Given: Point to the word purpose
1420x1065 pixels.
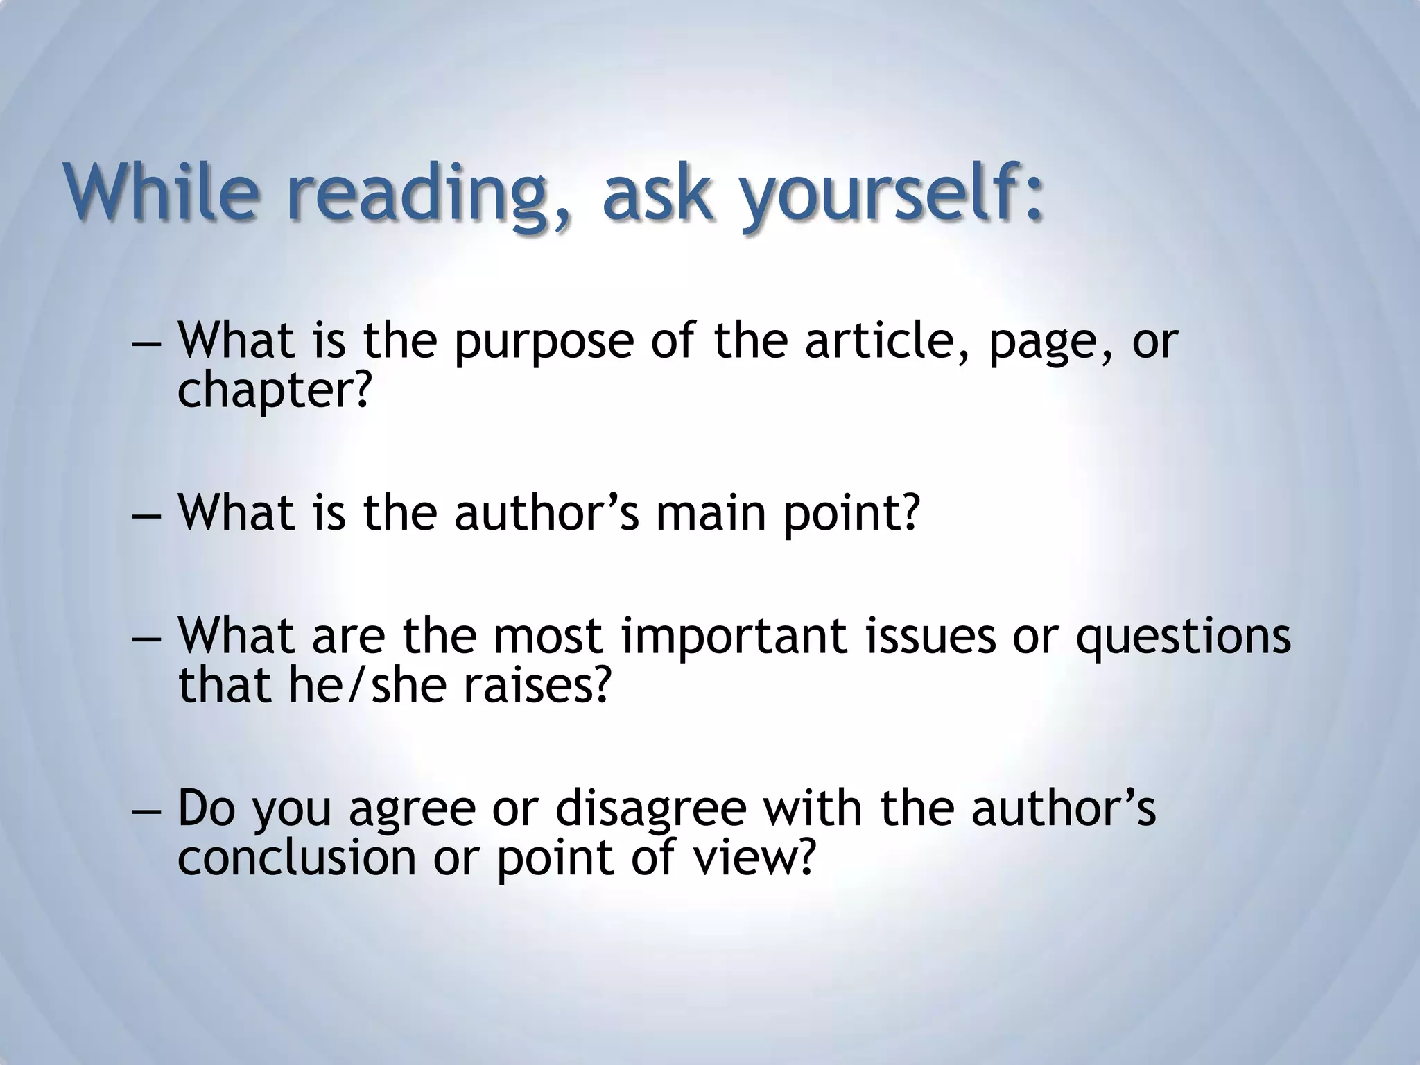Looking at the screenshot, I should (x=544, y=344).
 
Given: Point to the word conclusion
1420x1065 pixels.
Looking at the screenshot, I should (x=297, y=857).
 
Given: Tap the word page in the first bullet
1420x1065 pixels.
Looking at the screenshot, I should (x=1044, y=344).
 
